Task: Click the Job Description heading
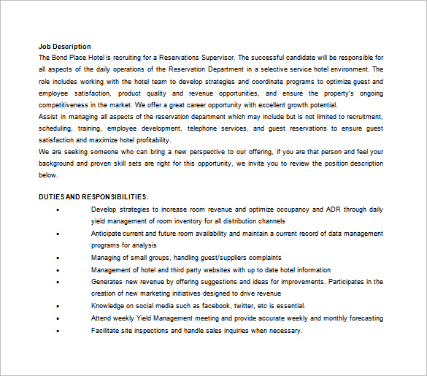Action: (x=65, y=46)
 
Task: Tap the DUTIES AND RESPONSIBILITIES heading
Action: (x=93, y=197)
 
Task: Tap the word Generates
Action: (x=108, y=281)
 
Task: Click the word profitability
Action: (x=148, y=139)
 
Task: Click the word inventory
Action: (x=188, y=221)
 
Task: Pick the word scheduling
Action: (x=55, y=128)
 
